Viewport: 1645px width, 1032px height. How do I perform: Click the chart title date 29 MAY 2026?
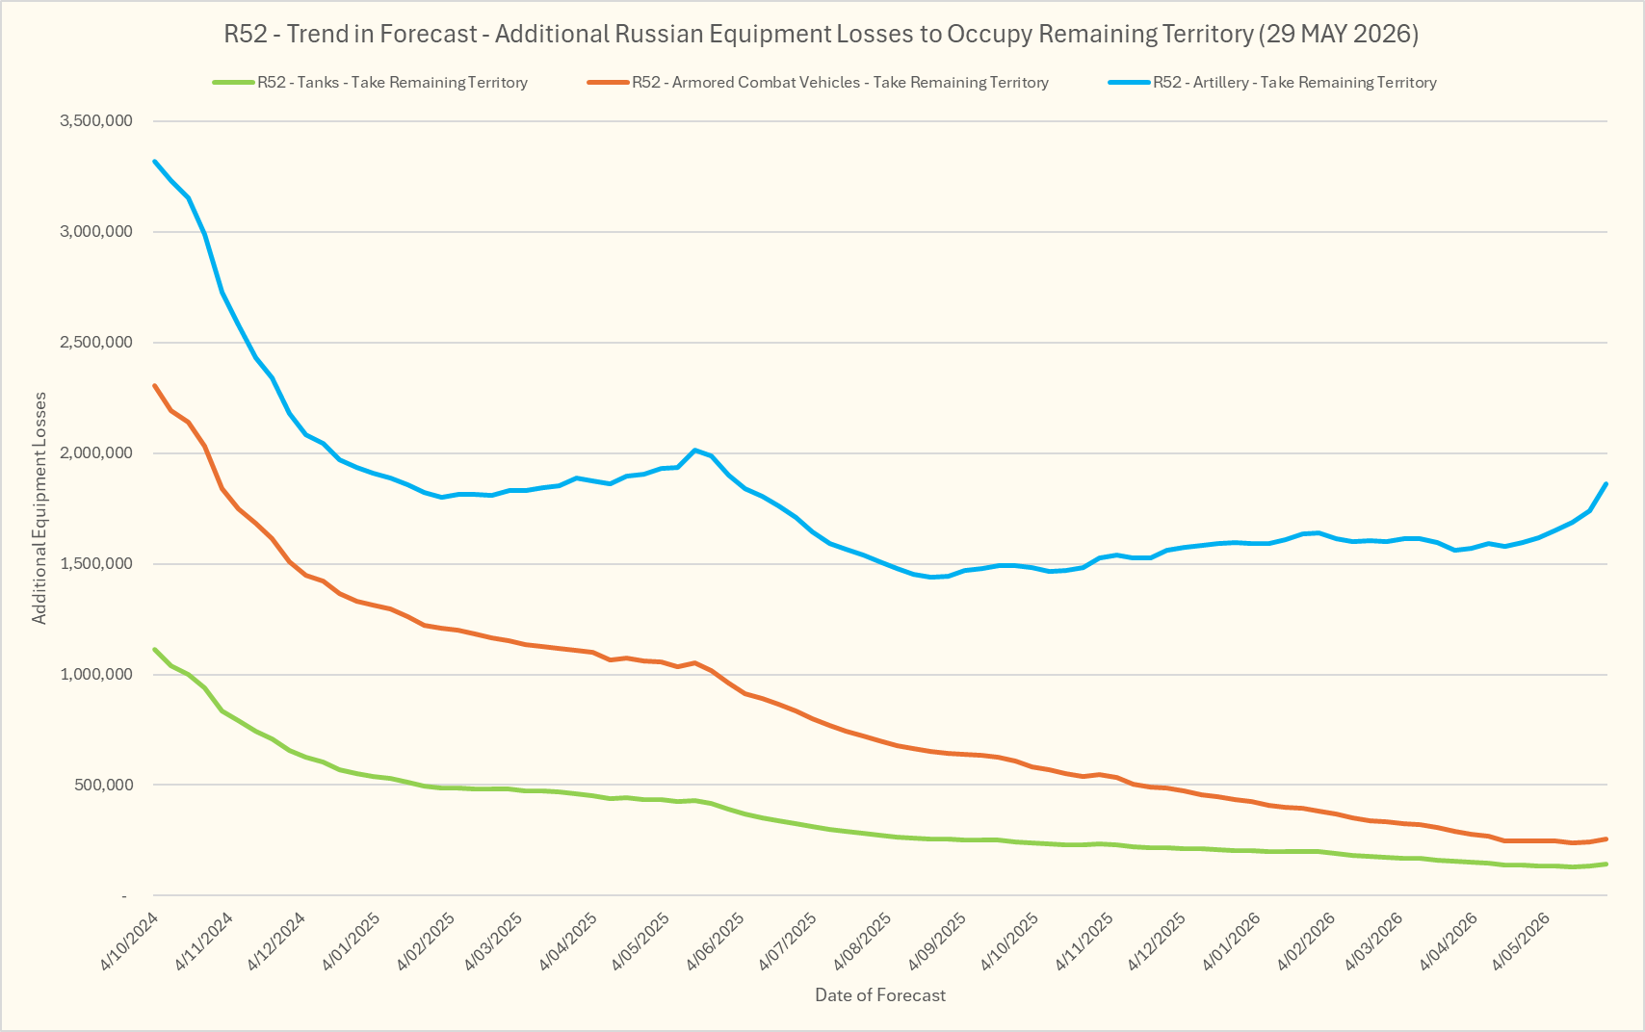1342,34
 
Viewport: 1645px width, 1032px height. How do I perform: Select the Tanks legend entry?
370,82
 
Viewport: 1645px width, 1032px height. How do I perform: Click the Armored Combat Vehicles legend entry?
818,82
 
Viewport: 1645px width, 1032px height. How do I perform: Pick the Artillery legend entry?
1272,82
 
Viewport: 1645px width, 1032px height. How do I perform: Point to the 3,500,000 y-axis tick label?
96,120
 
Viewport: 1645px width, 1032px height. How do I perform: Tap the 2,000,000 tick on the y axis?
96,452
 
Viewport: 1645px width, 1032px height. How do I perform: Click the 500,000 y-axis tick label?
104,785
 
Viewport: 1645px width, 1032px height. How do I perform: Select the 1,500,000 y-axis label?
96,564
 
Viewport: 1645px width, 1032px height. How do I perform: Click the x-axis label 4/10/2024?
130,942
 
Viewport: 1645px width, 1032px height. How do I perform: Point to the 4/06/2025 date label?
716,942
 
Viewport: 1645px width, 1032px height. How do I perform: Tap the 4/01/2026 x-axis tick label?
1232,942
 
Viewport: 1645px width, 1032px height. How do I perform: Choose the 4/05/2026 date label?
1521,942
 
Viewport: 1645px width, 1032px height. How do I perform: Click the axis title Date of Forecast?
880,995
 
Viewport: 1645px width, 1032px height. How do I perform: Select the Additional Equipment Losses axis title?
39,508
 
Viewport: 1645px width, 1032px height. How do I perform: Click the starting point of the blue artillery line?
154,161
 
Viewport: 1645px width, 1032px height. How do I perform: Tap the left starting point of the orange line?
154,385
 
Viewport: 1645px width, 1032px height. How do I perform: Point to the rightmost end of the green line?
1606,864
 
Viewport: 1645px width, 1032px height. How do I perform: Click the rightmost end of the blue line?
1606,483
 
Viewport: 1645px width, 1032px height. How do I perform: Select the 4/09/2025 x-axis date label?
938,942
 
